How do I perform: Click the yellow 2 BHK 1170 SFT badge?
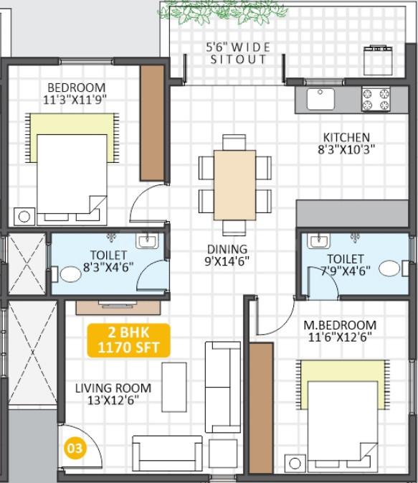tap(128, 340)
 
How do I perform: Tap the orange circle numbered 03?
tap(75, 448)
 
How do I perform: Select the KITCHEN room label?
tap(346, 137)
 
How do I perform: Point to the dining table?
tap(235, 185)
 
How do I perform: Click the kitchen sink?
tap(320, 98)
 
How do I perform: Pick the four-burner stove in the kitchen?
tap(376, 98)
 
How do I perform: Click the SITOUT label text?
tap(238, 59)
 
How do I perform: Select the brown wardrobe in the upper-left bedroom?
tap(153, 123)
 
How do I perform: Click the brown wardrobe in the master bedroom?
tap(261, 408)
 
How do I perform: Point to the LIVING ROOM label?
tap(113, 388)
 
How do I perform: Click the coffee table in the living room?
tap(174, 388)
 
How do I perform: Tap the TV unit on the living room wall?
tap(118, 307)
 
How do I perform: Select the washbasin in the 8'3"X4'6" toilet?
tap(148, 241)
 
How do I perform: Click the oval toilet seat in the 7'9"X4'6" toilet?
tap(389, 268)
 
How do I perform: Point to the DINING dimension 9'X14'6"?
tap(227, 261)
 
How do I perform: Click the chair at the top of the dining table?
tap(234, 142)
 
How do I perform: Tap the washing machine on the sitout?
tap(378, 60)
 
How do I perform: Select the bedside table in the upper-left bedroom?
tap(24, 217)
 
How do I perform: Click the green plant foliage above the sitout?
tap(223, 11)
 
